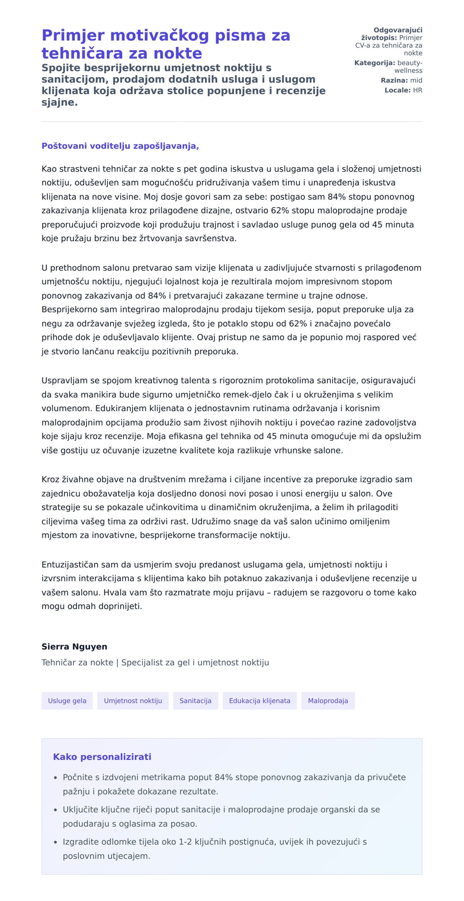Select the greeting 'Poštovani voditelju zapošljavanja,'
(x=120, y=146)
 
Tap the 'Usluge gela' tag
(x=67, y=700)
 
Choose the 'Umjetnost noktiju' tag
(x=133, y=700)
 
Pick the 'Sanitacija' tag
(x=195, y=700)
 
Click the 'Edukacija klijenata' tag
(x=259, y=700)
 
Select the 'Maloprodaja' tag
(x=328, y=700)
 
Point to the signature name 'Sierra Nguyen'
(x=74, y=646)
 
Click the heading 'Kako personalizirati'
(x=102, y=757)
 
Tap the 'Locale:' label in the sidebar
(x=397, y=90)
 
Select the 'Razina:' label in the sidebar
(x=394, y=81)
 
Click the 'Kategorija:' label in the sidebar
(x=374, y=63)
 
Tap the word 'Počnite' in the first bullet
(x=78, y=777)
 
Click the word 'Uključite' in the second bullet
(x=80, y=809)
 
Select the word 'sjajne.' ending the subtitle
(x=60, y=102)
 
